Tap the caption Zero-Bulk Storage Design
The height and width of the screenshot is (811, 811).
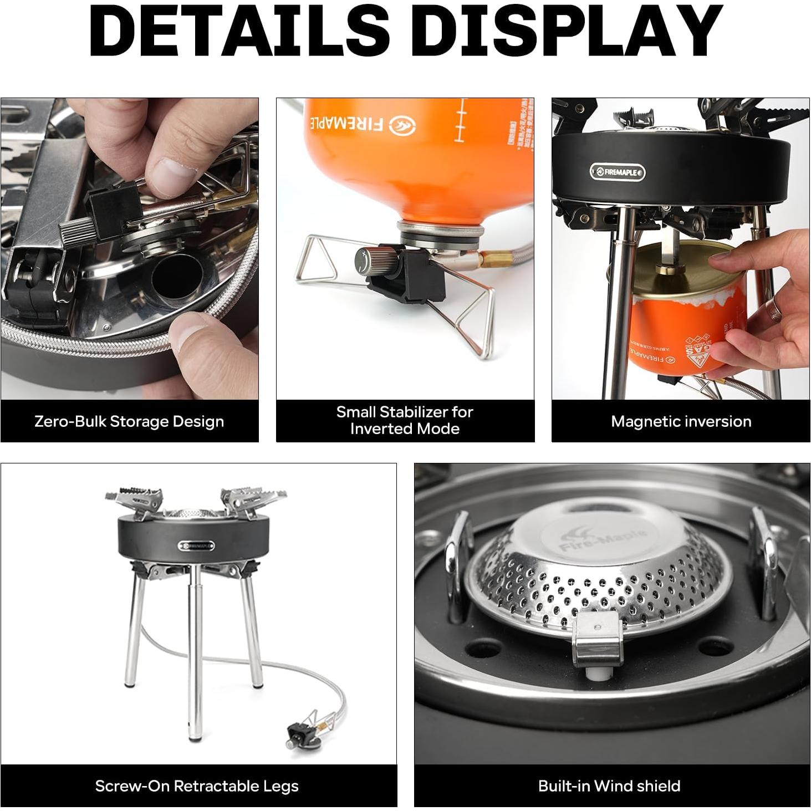(x=129, y=421)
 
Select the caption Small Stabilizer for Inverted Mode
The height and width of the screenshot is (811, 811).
(x=405, y=420)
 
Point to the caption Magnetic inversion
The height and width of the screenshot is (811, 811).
(x=681, y=421)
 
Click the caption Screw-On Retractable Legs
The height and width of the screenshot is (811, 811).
(x=197, y=786)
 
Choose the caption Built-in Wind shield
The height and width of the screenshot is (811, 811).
(x=609, y=786)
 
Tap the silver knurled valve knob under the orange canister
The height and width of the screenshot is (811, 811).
(x=371, y=259)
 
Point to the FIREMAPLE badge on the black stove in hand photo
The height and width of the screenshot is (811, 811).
(x=618, y=172)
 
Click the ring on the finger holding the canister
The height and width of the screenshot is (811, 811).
(x=772, y=310)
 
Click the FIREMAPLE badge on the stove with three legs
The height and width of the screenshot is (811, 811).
(x=196, y=545)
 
